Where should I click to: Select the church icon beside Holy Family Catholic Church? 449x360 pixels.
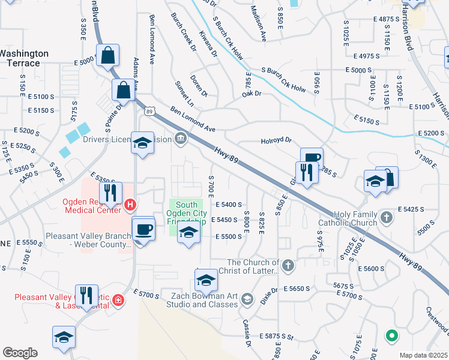coord(387,216)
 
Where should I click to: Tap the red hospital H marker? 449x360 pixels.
coord(131,205)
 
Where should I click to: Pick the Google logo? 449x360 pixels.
coord(20,353)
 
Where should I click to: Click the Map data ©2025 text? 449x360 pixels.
coord(423,355)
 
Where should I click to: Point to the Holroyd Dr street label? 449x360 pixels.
coord(276,140)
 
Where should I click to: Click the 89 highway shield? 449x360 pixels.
coord(150,110)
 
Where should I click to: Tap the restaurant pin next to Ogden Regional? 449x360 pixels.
coord(111,193)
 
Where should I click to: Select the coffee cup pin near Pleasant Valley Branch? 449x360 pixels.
coord(143,229)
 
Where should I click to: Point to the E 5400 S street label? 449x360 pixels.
coord(228,205)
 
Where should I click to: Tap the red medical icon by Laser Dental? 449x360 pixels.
coord(118,300)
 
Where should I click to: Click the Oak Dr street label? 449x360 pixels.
coord(252,94)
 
